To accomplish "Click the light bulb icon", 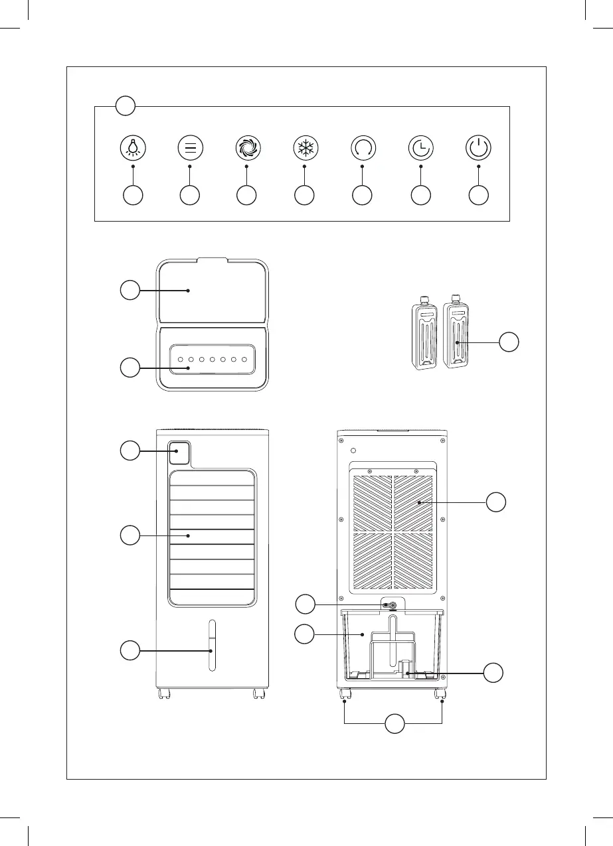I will pos(133,147).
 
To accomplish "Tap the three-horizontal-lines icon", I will pos(190,147).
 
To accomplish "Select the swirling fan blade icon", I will pos(247,147).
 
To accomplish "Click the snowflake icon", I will pos(304,147).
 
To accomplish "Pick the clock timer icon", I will pos(420,147).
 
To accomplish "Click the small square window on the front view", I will pos(179,455).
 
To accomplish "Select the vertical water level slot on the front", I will pos(211,646).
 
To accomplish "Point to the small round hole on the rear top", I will pos(354,451).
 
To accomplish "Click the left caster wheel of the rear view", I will pos(345,695).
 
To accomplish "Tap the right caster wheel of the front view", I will pos(258,694).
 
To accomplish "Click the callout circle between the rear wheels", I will pos(394,724).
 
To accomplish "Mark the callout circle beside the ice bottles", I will pos(509,342).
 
